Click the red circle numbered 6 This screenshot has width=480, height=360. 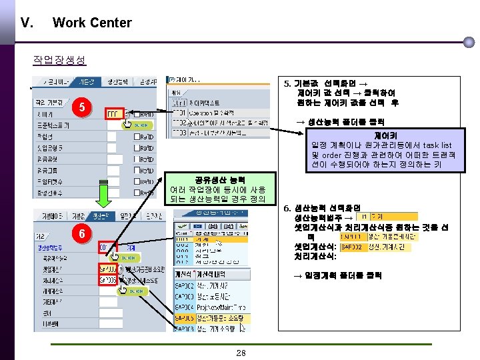click(79, 234)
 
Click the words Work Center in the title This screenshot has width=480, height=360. click(92, 23)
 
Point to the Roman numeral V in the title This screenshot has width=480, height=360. click(27, 23)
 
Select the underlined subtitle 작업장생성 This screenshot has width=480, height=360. click(59, 59)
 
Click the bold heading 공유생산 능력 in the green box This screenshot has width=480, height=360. click(219, 179)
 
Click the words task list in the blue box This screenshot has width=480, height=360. click(437, 145)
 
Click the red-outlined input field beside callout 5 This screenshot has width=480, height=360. click(114, 114)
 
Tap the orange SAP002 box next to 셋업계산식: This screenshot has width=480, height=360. click(354, 247)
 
